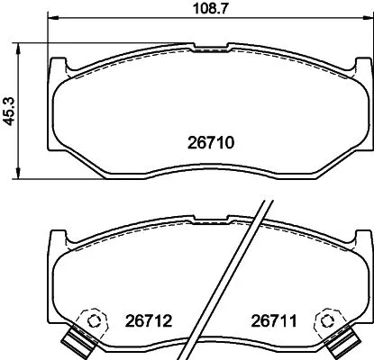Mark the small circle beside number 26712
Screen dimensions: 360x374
tap(91, 319)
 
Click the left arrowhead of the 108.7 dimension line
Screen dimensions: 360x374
tap(50, 18)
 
